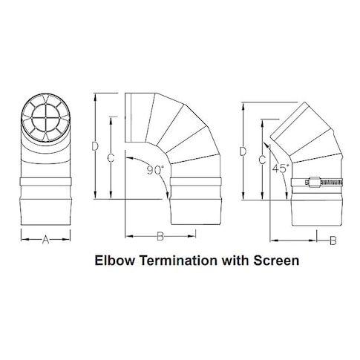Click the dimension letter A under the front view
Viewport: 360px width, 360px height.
[45, 240]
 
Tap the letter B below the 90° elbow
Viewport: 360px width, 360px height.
[160, 237]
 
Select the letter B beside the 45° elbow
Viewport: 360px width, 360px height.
[333, 240]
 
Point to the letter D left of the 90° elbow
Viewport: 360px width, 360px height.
[95, 146]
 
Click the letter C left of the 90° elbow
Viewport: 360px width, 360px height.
[111, 158]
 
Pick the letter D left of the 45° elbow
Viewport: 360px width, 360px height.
[243, 151]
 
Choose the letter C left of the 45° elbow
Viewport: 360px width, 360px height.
[262, 160]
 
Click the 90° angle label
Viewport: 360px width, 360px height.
[155, 170]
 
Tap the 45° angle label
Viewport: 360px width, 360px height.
[281, 168]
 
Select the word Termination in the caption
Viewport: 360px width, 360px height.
[179, 261]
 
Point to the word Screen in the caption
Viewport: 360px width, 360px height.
[276, 261]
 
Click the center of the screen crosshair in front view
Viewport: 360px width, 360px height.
[46, 117]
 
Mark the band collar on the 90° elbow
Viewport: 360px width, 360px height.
[195, 182]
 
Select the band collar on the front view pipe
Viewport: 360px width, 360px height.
[46, 182]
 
